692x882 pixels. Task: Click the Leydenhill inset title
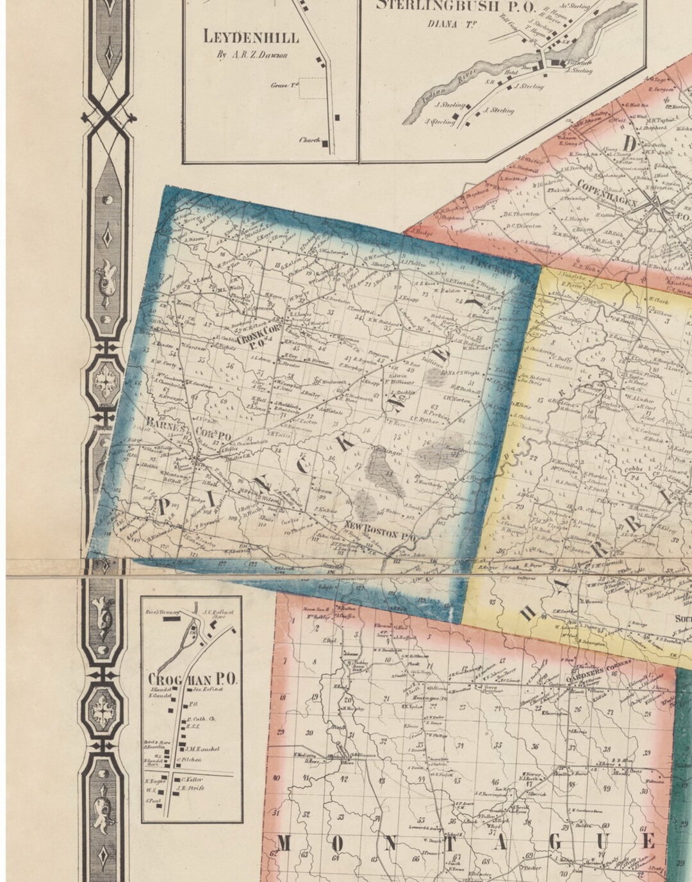[x=251, y=37]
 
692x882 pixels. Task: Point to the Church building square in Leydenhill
[x=325, y=144]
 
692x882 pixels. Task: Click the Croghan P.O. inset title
[x=192, y=678]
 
